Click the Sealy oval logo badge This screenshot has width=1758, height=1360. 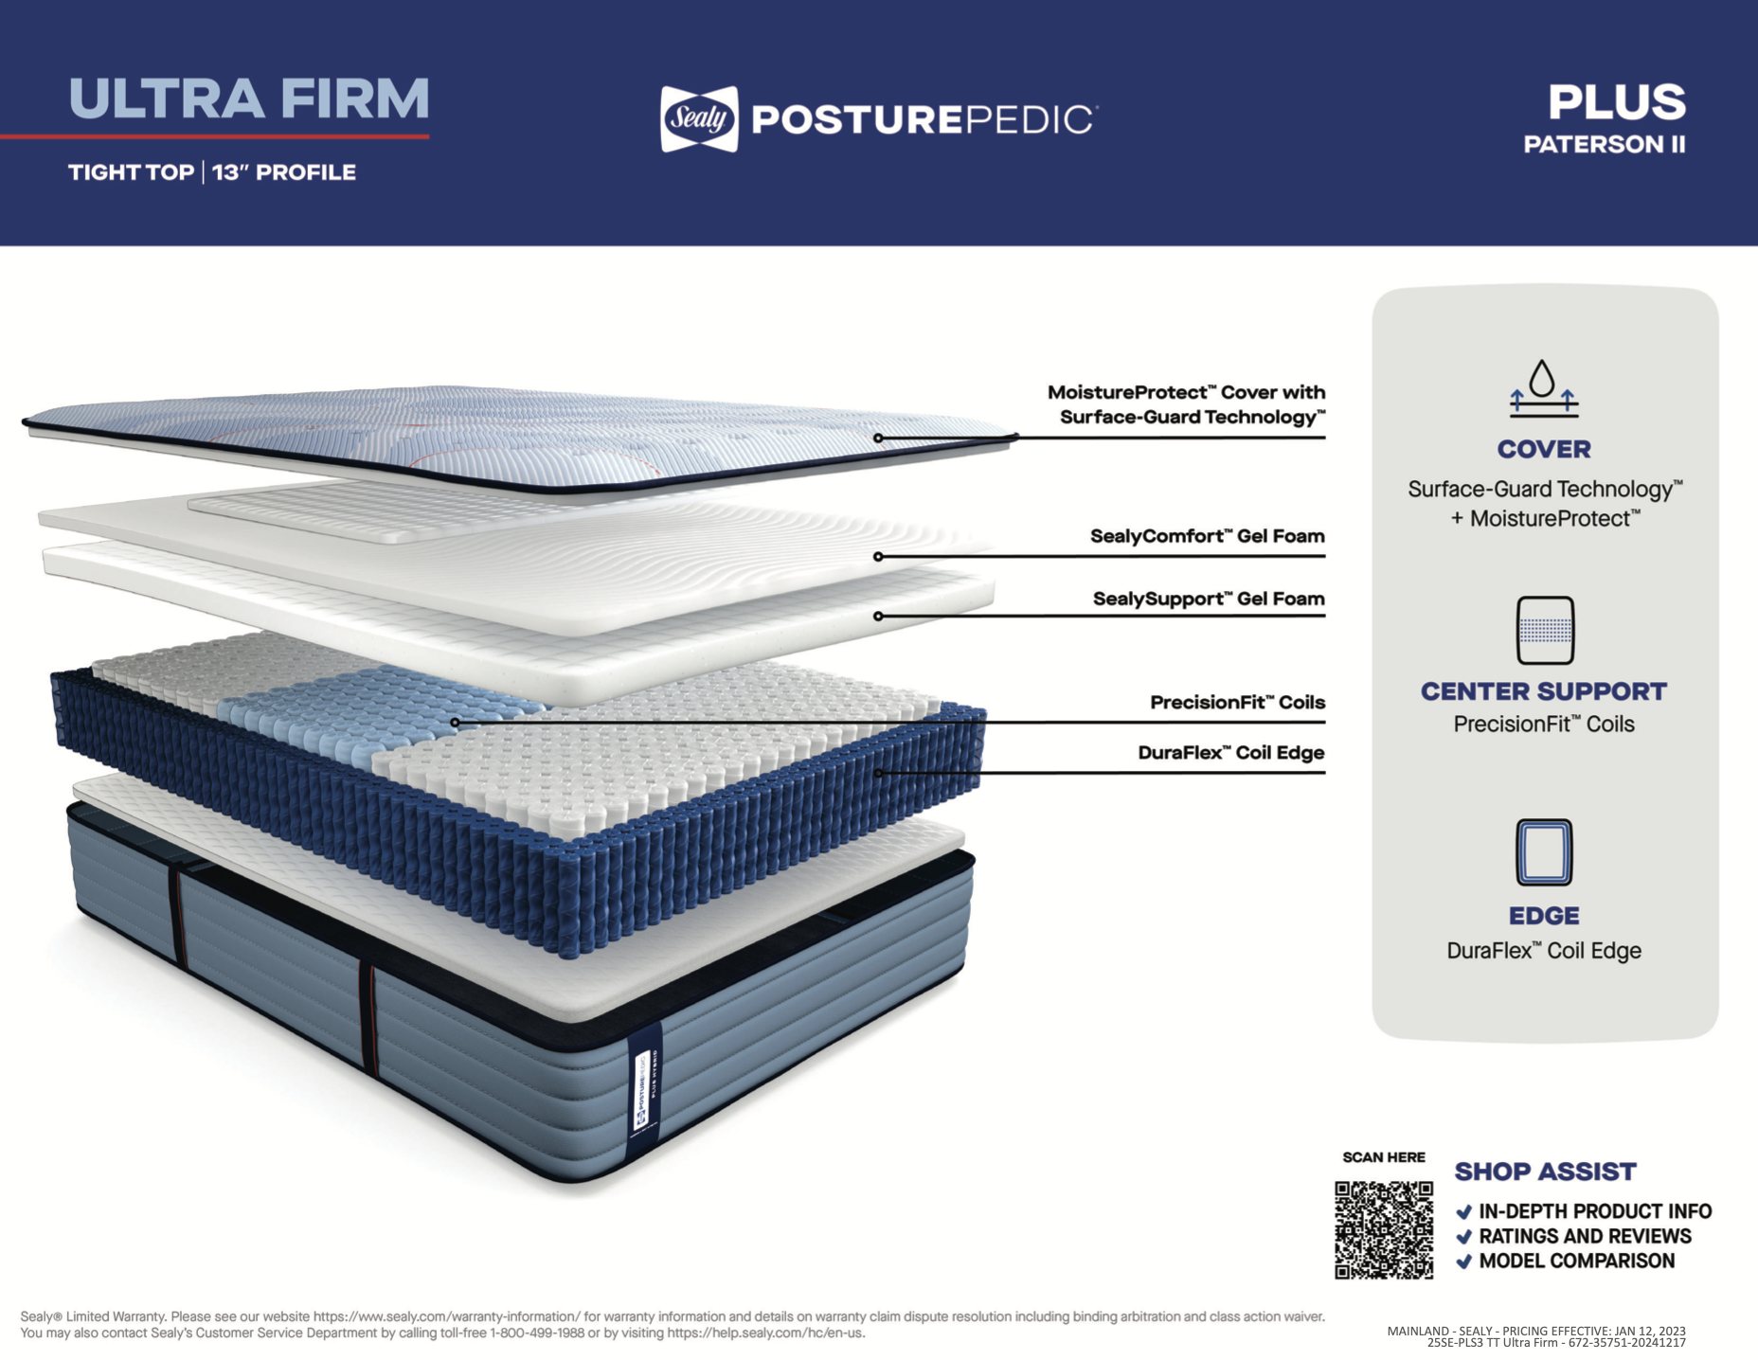click(x=699, y=119)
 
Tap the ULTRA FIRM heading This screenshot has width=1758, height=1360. click(x=249, y=99)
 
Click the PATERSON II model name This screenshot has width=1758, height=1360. click(x=1604, y=145)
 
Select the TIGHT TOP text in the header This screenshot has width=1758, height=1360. click(x=131, y=172)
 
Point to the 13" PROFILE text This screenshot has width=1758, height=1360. click(x=284, y=172)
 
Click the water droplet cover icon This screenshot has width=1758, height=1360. click(x=1543, y=387)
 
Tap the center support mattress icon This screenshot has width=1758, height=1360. click(x=1545, y=630)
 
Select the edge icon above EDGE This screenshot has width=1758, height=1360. click(x=1544, y=852)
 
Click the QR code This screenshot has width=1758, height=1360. click(x=1383, y=1229)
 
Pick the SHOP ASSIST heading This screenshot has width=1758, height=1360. click(x=1545, y=1172)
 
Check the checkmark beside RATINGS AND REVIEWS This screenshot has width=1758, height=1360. click(x=1464, y=1237)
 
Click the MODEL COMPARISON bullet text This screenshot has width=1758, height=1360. click(x=1576, y=1262)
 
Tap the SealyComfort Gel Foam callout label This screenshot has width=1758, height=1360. click(x=1207, y=536)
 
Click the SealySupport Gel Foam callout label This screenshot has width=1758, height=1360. click(x=1209, y=599)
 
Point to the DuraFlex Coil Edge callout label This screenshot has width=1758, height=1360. click(x=1230, y=753)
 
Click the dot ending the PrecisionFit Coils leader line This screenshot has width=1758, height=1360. click(x=456, y=723)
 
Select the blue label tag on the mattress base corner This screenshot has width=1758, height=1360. click(x=644, y=1089)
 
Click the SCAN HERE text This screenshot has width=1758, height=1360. click(x=1383, y=1157)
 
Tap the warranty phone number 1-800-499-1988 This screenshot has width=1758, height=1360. click(x=537, y=1333)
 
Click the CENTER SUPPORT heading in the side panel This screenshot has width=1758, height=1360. click(x=1543, y=691)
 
